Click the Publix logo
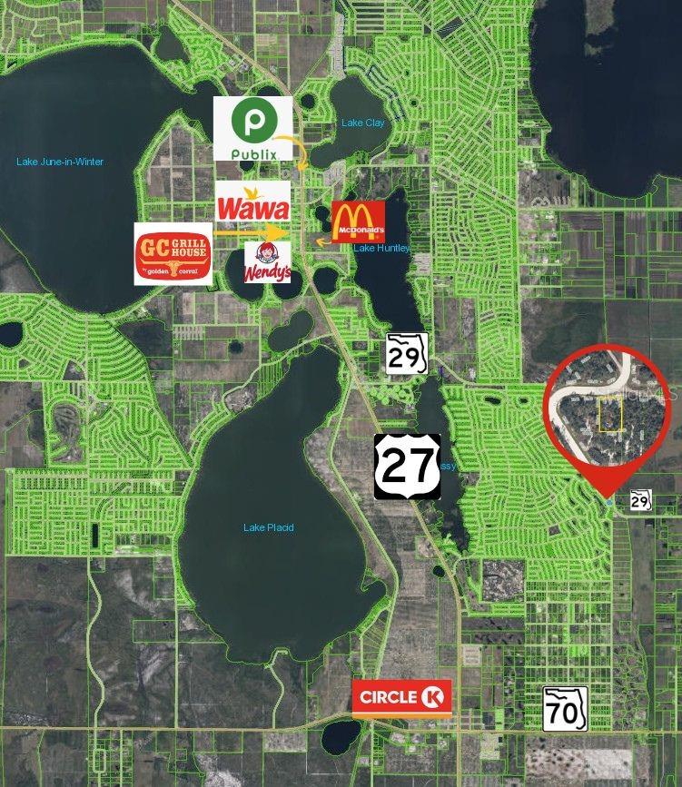click(x=252, y=128)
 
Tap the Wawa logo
click(x=253, y=202)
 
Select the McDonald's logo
click(x=358, y=221)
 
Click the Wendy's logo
click(x=267, y=261)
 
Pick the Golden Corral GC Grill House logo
click(x=173, y=254)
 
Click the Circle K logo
click(x=401, y=698)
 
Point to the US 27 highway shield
click(x=407, y=466)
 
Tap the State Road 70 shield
click(x=565, y=709)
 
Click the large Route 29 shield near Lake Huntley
click(x=405, y=352)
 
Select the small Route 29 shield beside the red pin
click(x=641, y=499)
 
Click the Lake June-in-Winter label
click(x=60, y=162)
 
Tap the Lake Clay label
click(x=362, y=123)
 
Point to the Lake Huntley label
click(x=381, y=248)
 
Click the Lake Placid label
click(x=269, y=527)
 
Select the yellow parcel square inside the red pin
click(x=610, y=415)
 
